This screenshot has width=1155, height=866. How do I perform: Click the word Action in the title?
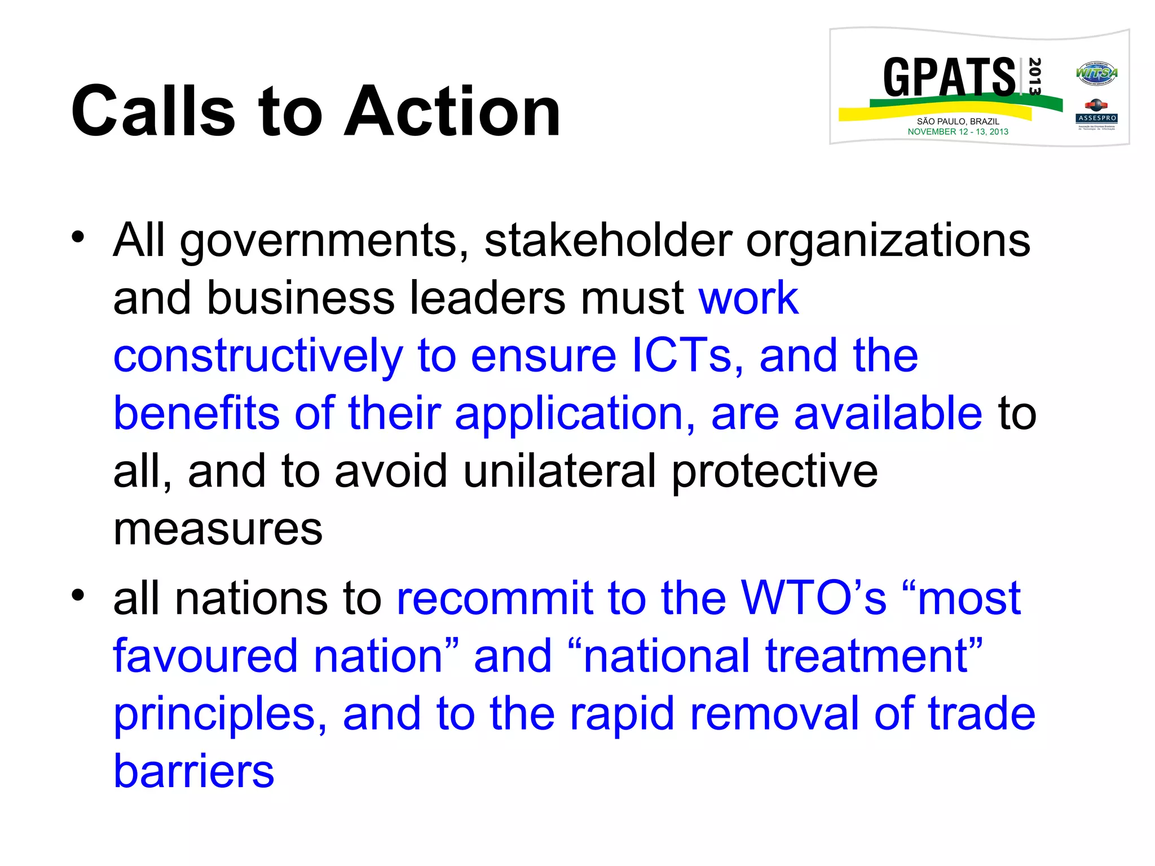(452, 111)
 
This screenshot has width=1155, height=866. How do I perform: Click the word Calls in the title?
(153, 111)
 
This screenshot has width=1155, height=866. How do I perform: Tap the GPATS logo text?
(949, 78)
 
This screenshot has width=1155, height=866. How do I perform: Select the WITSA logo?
(1096, 73)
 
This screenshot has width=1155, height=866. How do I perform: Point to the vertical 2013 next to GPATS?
(1034, 76)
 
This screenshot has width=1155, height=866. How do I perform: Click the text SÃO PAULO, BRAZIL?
(958, 121)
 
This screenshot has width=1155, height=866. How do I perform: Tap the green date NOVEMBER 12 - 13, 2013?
(958, 132)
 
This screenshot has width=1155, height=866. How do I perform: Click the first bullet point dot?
(78, 236)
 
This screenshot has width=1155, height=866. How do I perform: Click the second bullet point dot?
(78, 594)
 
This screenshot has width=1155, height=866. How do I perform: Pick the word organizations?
(888, 241)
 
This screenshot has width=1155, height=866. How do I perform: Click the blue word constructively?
(258, 356)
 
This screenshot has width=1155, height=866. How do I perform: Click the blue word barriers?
(193, 771)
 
